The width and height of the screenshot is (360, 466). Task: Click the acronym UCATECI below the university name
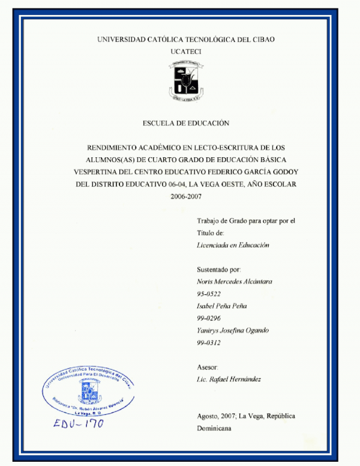(185, 52)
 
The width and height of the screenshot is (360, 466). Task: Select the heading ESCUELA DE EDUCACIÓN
(186, 123)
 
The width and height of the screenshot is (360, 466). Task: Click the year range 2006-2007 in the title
(186, 196)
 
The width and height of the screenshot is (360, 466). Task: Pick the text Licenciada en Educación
(233, 245)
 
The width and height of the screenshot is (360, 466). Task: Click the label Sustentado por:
(218, 270)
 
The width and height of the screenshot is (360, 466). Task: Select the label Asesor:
(208, 367)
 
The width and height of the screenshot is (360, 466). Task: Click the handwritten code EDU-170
(78, 423)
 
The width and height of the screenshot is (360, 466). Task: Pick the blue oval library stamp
(88, 390)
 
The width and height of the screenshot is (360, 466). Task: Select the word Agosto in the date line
(208, 416)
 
